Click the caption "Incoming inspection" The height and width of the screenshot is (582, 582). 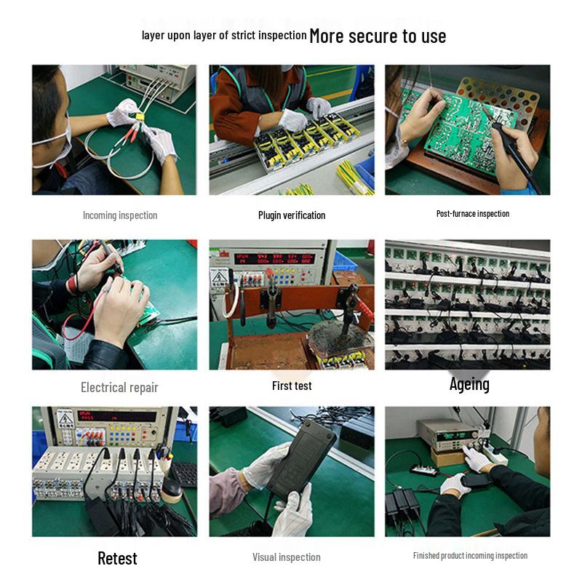click(x=120, y=215)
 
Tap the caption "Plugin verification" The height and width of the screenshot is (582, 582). click(x=292, y=215)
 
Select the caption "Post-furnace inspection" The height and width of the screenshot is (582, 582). click(x=472, y=214)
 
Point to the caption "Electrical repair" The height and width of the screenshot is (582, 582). click(x=119, y=388)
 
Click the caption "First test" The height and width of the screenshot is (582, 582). click(x=292, y=386)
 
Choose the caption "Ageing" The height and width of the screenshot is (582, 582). click(x=469, y=385)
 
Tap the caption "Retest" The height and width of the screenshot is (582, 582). click(x=117, y=558)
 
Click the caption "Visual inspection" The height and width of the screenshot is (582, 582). click(x=286, y=557)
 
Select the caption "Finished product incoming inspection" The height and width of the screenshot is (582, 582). click(x=470, y=556)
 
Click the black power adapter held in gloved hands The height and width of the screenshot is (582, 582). click(x=300, y=460)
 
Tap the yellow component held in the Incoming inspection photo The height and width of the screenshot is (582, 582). click(x=140, y=116)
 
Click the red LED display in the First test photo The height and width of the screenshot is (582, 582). click(x=274, y=258)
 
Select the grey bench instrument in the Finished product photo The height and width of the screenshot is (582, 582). click(x=448, y=435)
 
